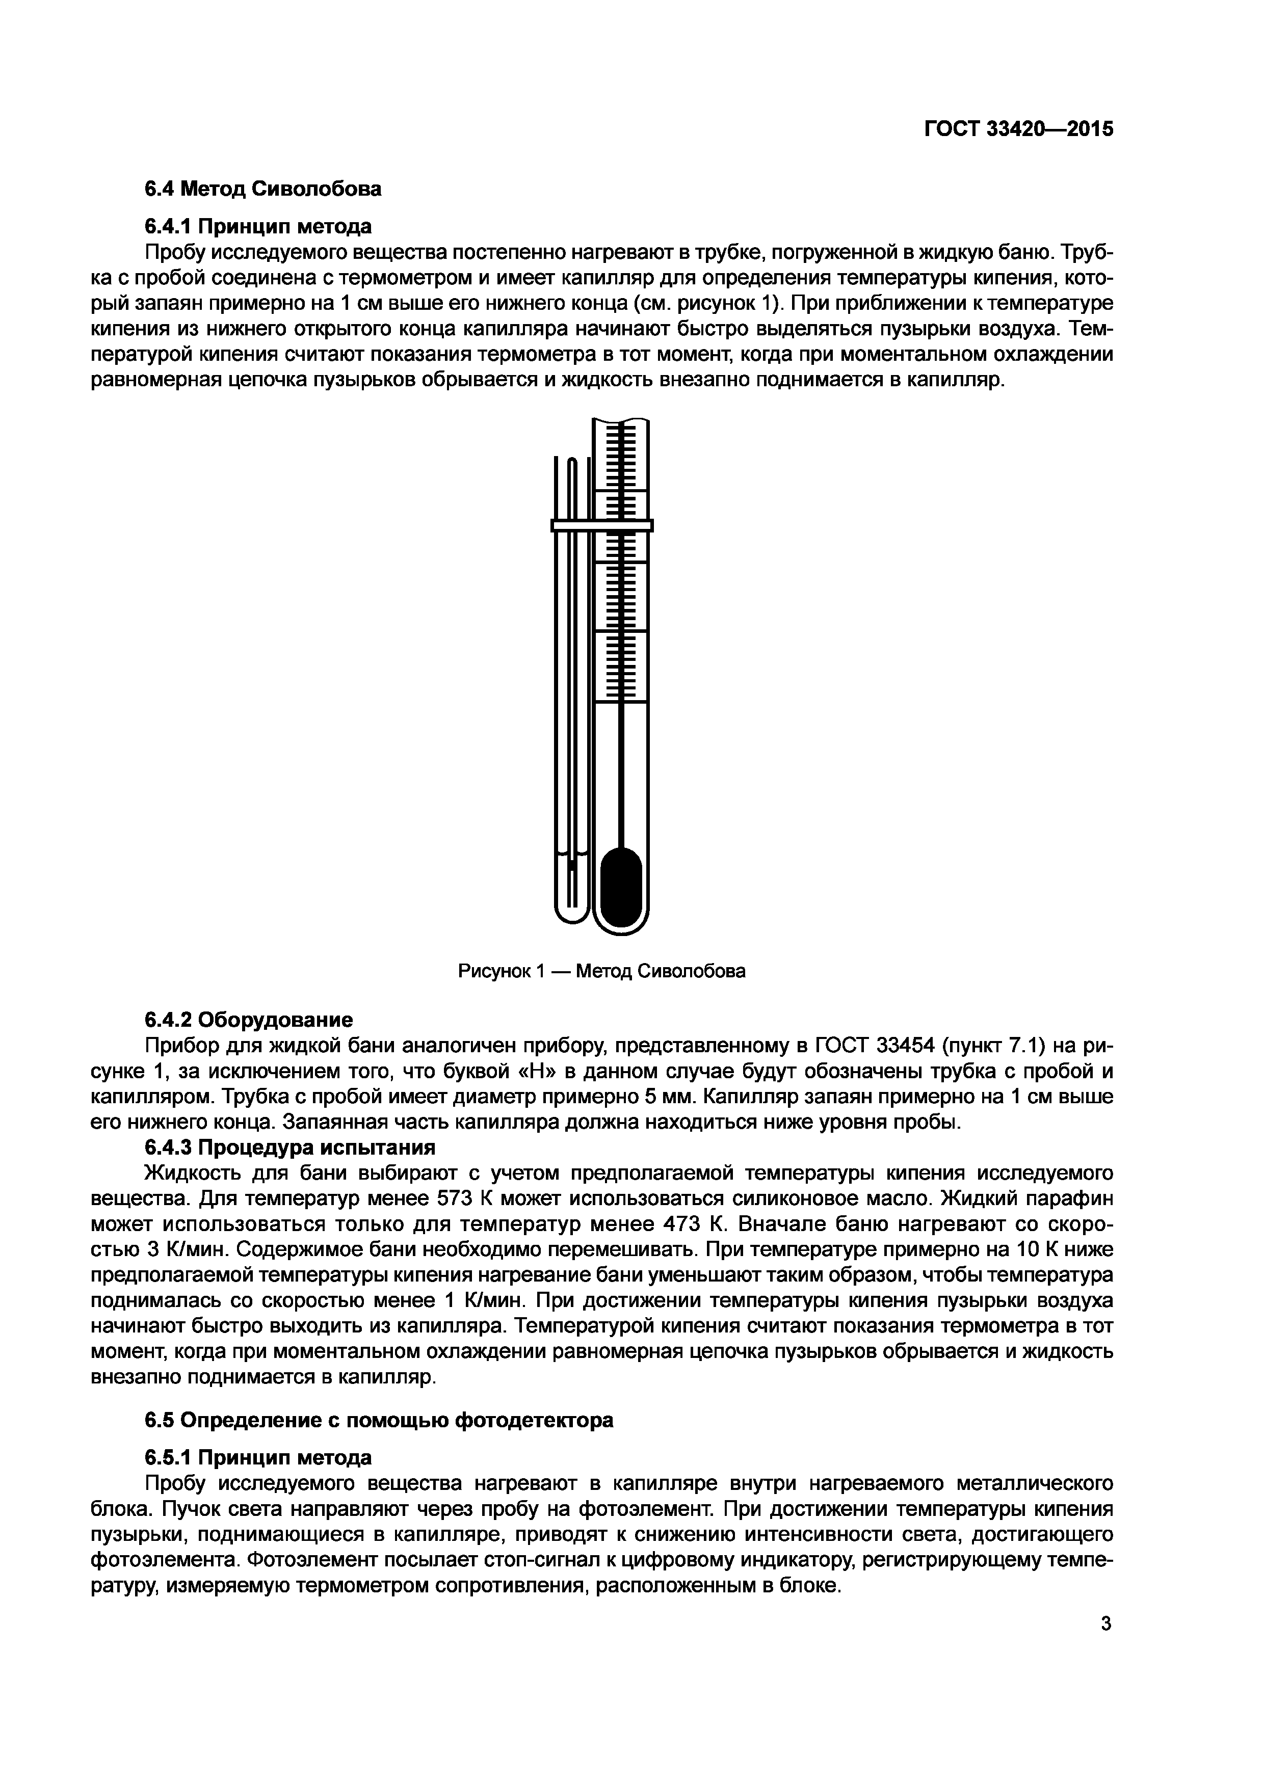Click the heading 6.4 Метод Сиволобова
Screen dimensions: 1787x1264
(263, 189)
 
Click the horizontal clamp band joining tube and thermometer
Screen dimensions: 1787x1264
(601, 525)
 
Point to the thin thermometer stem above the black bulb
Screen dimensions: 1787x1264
(621, 778)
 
